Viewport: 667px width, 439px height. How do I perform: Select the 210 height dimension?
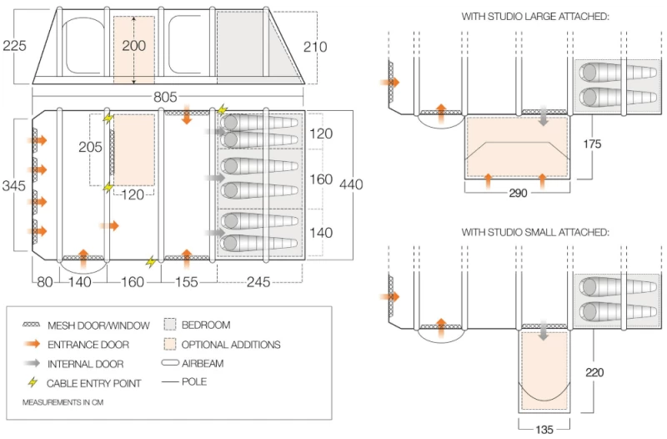pos(315,48)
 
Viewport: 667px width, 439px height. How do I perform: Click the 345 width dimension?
pos(15,184)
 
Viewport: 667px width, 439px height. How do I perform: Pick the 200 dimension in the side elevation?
pos(133,45)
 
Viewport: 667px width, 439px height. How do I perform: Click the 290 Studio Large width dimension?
pos(517,193)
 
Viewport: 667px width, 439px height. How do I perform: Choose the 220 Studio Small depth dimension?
pos(604,372)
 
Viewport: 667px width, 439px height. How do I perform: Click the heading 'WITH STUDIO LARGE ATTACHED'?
pos(535,16)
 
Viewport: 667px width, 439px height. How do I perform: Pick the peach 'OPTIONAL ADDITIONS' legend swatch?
pos(170,344)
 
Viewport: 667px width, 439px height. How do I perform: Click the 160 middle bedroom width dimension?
pos(321,179)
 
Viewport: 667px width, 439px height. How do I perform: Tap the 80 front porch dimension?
pos(44,282)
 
